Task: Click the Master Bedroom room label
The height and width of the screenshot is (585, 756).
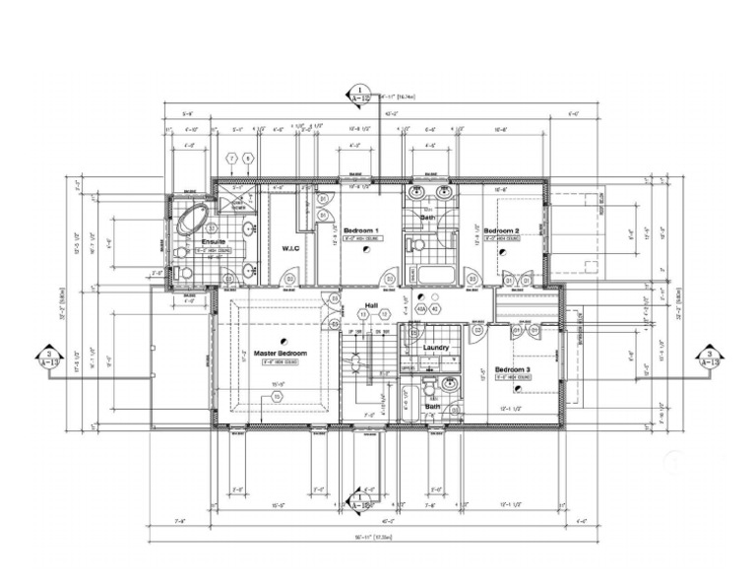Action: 281,354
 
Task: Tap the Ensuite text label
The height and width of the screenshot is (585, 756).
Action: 214,241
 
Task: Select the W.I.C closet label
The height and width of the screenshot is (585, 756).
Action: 290,247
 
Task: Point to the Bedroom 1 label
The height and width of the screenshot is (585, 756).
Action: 361,230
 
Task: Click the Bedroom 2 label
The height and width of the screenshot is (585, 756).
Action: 500,230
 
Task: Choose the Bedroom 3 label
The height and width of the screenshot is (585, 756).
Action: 512,370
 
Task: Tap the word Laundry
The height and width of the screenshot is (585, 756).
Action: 436,348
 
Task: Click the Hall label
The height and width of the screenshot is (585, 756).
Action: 372,305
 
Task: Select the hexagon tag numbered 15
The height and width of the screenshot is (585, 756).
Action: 278,396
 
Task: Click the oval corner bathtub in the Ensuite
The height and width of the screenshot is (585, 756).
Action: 190,221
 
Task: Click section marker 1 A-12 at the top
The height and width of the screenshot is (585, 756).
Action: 360,94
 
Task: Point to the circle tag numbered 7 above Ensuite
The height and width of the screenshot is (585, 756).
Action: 232,158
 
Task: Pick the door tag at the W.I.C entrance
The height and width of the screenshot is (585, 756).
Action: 289,280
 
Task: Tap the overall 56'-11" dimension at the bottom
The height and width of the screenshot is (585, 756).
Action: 360,537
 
